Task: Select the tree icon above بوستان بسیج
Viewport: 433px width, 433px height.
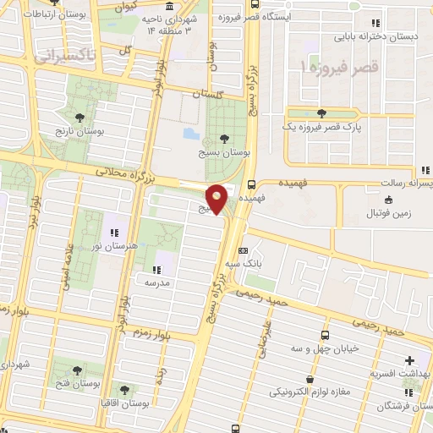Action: coord(223,138)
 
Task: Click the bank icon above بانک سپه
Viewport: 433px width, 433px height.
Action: coord(244,251)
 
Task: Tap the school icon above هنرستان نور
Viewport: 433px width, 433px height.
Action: coord(114,232)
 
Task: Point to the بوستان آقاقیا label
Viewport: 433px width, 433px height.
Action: coord(125,403)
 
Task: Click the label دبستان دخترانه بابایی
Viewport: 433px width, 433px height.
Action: coord(380,36)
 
